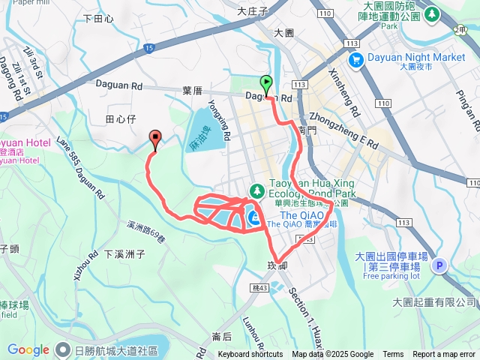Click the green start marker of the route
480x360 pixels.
coord(266,84)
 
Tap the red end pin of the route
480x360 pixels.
coord(155,137)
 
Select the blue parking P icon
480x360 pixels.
coord(439,265)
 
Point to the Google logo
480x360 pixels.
coord(28,349)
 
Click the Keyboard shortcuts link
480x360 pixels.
coord(250,355)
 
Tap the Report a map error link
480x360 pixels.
coord(444,355)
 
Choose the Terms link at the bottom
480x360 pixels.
coord(393,355)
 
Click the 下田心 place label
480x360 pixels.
coord(98,18)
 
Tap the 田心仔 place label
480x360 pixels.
coord(119,118)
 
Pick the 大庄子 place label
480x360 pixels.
coord(252,11)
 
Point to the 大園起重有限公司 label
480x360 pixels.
coord(435,301)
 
